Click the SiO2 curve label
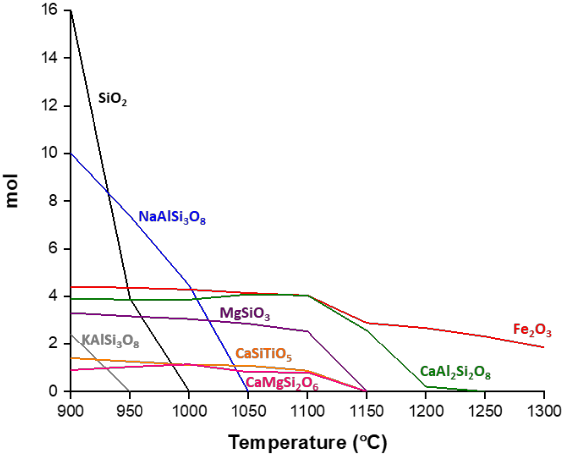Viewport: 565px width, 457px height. pos(112,99)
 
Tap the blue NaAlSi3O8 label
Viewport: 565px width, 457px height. pos(172,218)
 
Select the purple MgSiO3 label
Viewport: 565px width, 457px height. pos(245,314)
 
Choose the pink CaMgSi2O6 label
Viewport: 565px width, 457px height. pos(282,383)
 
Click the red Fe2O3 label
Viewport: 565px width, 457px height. pos(532,330)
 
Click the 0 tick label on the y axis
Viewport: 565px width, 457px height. pos(53,391)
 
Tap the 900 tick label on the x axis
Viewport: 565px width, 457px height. pos(70,411)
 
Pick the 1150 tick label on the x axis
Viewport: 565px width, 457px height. pos(366,411)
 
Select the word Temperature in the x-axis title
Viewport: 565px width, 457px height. pos(287,443)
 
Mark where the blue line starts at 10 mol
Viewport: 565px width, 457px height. pos(71,154)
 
